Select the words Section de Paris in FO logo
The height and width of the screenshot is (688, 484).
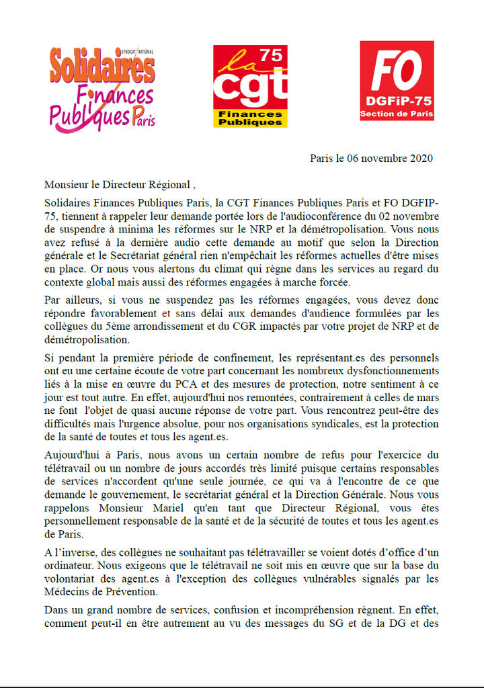point(397,114)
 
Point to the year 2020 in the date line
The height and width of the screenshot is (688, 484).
point(419,159)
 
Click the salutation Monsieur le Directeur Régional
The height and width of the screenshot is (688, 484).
point(118,184)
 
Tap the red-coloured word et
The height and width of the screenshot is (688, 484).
point(166,313)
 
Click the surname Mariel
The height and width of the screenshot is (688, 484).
point(177,508)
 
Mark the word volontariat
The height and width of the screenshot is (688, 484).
point(74,578)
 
